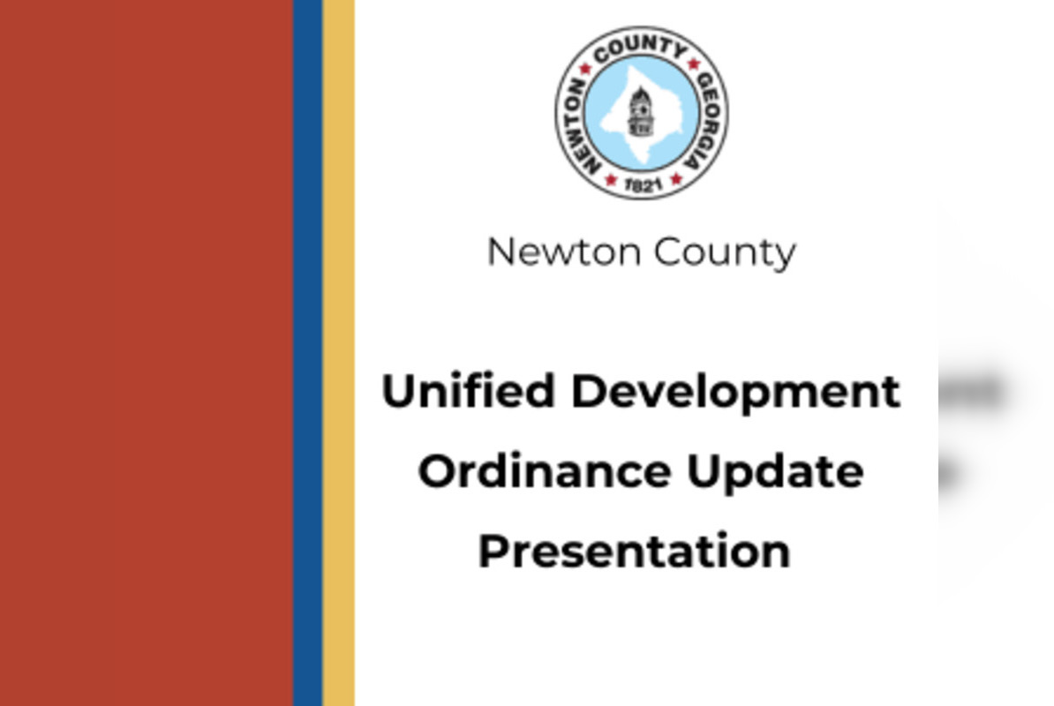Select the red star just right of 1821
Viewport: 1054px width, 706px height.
675,179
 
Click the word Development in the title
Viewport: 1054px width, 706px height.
735,393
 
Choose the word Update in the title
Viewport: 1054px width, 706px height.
774,472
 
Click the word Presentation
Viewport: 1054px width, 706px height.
634,551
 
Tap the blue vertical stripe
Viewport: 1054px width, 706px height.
307,353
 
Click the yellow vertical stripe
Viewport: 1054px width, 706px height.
338,353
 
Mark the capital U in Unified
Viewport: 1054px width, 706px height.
397,391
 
